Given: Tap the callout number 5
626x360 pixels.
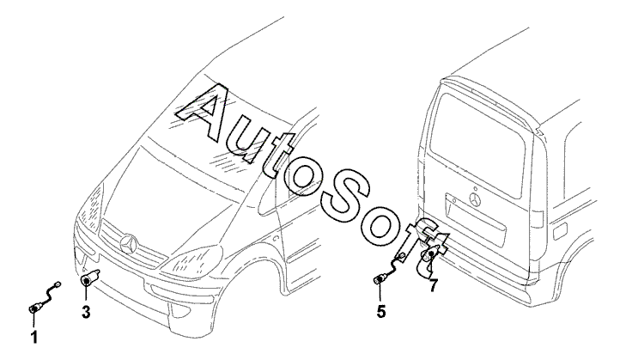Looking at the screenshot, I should point(380,311).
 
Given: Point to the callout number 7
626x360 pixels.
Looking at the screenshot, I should point(435,286).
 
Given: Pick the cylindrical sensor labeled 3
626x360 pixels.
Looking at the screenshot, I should point(88,279).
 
